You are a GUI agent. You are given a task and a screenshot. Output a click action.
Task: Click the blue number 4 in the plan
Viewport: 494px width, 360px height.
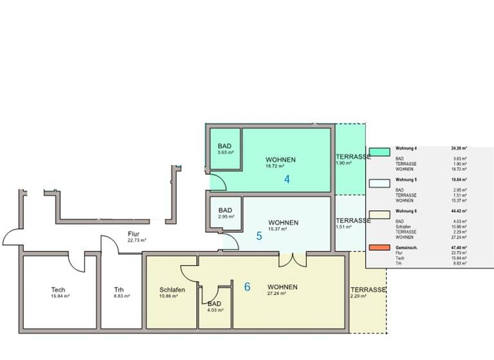[x=287, y=179]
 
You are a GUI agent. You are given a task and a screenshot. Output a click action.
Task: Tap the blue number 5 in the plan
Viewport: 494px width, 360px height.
[x=259, y=236]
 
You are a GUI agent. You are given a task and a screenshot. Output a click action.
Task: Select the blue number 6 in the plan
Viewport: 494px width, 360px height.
[x=247, y=287]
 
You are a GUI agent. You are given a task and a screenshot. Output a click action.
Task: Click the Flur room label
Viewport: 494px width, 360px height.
[x=134, y=235]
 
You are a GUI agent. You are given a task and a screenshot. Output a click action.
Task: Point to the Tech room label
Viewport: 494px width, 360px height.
[x=58, y=290]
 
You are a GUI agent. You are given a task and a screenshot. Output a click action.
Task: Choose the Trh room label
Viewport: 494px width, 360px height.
[x=119, y=290]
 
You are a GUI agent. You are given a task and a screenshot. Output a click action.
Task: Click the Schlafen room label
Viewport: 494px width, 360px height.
[x=172, y=290]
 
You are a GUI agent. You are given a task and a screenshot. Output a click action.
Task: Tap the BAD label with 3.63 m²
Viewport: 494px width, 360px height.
[x=225, y=146]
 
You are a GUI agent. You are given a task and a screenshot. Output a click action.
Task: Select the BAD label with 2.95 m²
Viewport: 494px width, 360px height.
[x=225, y=210]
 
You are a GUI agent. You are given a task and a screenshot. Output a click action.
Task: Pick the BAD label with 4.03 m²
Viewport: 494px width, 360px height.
[x=214, y=304]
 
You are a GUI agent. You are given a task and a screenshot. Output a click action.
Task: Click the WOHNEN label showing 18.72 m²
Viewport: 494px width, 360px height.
[x=281, y=160]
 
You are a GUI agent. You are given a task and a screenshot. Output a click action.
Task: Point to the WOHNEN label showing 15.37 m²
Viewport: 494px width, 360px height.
[x=283, y=222]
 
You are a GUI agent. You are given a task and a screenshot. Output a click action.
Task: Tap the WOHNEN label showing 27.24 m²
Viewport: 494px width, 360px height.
[x=283, y=287]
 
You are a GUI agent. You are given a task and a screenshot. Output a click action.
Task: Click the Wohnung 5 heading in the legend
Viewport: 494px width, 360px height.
[x=407, y=179]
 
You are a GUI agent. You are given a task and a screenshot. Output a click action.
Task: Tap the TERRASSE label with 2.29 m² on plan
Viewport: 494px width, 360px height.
[x=368, y=290]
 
